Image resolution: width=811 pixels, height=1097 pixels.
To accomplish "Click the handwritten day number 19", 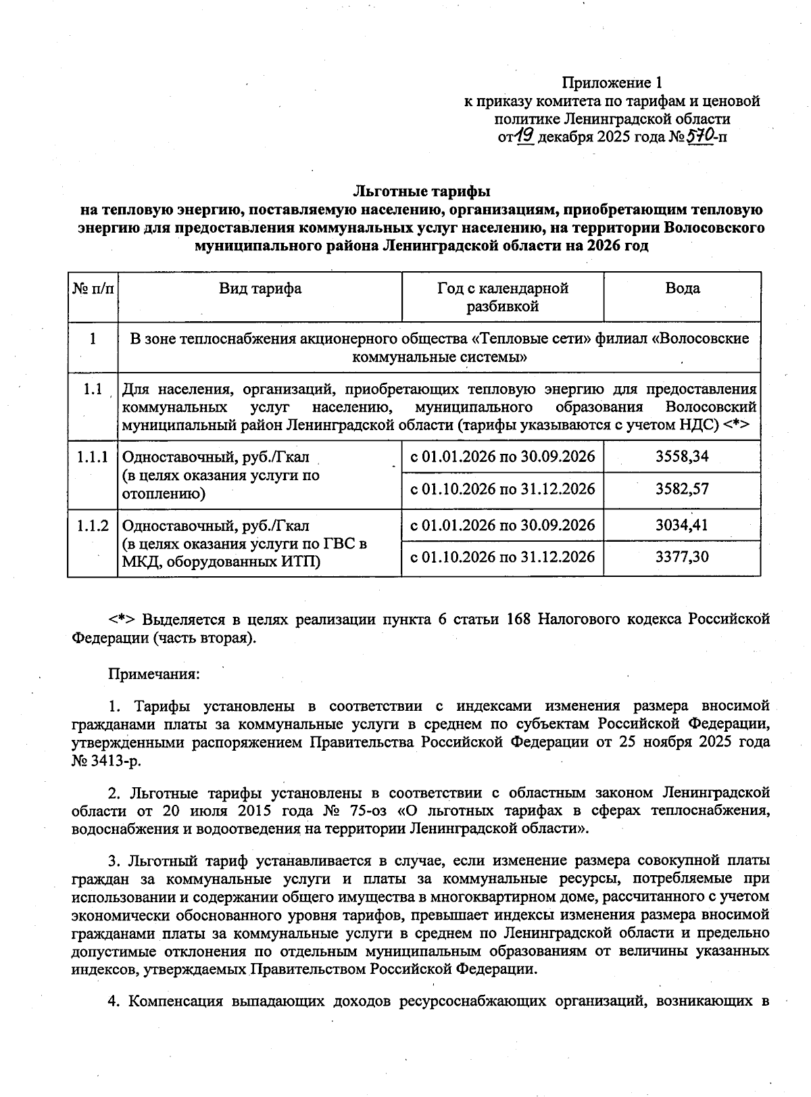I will [x=525, y=137].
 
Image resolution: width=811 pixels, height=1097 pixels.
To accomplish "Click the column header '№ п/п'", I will [x=93, y=289].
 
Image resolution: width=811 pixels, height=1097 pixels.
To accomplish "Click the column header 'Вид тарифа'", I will [x=260, y=289].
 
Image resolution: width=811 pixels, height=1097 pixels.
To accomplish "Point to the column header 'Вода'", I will [x=682, y=289].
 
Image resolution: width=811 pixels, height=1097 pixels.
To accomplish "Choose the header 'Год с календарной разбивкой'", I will [x=502, y=298].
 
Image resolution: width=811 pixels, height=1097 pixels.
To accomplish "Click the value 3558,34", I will [x=682, y=457].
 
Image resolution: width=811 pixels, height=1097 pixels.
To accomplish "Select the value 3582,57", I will [x=682, y=489].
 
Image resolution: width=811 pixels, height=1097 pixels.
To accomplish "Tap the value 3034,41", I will [x=682, y=525].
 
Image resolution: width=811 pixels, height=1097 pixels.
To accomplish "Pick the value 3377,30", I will [x=682, y=557].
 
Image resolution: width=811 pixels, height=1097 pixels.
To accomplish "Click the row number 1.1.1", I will [x=93, y=457].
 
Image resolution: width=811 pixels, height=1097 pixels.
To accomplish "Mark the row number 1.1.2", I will [x=93, y=526].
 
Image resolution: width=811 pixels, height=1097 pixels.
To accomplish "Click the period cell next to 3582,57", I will [x=502, y=489].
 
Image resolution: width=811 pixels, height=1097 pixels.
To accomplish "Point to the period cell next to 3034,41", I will [x=502, y=525].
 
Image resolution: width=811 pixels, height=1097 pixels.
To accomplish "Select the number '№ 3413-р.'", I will [x=107, y=760].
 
